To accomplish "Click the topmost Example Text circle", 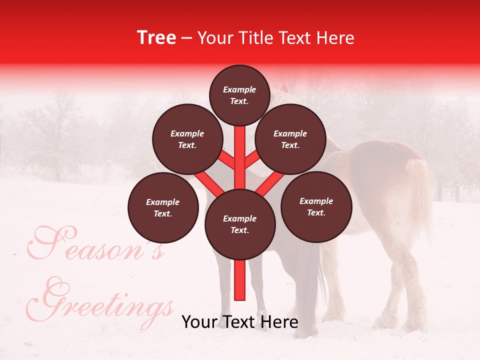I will click(x=239, y=95).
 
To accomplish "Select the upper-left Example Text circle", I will click(x=187, y=139).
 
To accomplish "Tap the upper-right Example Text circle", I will click(x=290, y=139).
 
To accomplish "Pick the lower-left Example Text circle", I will click(x=162, y=207).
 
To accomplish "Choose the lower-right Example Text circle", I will click(x=316, y=206).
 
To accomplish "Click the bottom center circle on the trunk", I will click(x=239, y=224).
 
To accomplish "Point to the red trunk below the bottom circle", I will click(x=239, y=280).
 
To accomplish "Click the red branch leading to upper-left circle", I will click(x=227, y=161).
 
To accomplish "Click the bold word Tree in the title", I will click(x=156, y=37).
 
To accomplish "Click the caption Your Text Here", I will click(x=239, y=322).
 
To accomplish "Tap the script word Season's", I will click(x=95, y=245).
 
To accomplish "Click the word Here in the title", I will click(x=335, y=37).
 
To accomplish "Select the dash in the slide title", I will click(x=187, y=38).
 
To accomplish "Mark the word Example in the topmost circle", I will click(x=239, y=89).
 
